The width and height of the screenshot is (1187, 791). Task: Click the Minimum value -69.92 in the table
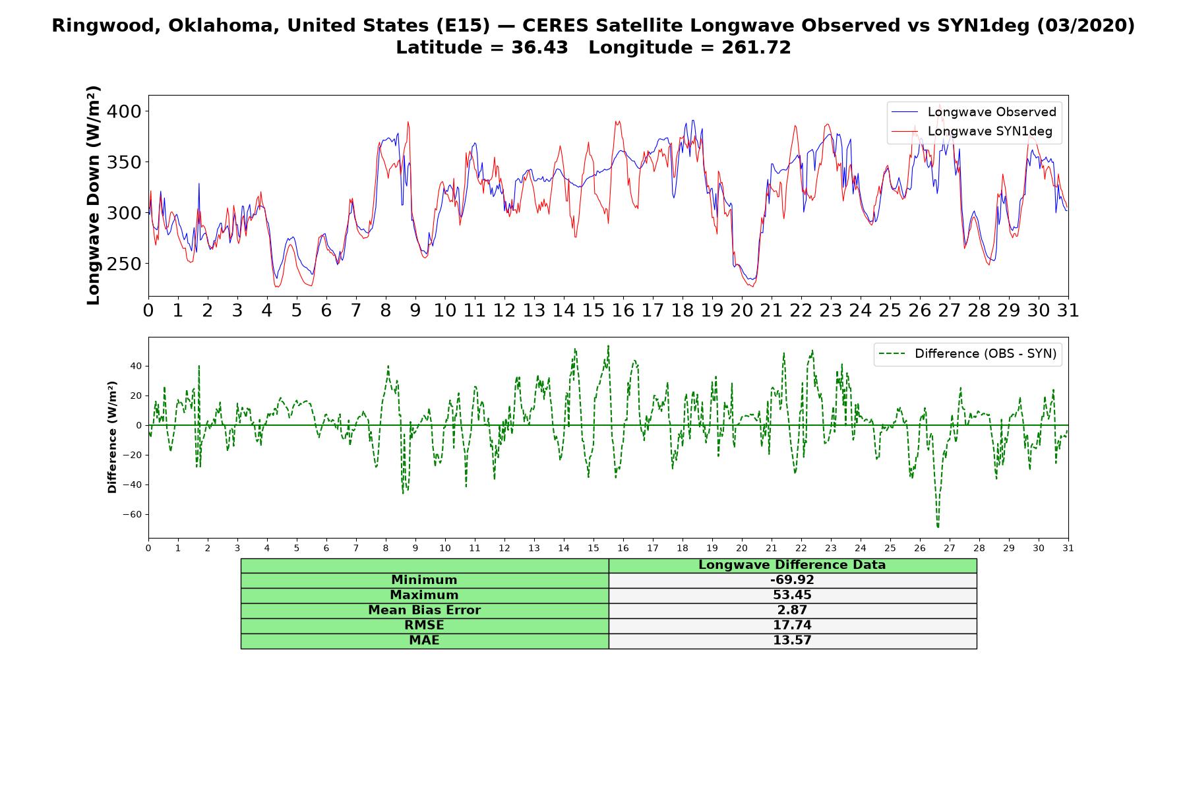tap(792, 580)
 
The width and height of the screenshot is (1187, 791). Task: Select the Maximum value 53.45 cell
tap(792, 595)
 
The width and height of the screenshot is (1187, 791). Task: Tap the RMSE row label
tap(424, 626)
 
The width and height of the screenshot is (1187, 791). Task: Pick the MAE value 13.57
tap(792, 641)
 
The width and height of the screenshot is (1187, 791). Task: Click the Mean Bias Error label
tap(424, 610)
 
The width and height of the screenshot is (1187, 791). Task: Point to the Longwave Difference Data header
tap(792, 565)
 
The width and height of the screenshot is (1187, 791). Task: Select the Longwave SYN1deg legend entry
tap(972, 131)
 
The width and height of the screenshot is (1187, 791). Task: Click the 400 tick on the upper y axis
tap(123, 111)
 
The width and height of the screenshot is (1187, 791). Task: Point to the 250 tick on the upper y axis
tap(123, 264)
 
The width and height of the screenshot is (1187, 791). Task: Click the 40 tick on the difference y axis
tap(136, 366)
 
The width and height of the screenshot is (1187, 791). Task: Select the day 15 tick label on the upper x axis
tap(593, 310)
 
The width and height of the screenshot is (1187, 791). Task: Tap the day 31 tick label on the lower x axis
tap(1068, 548)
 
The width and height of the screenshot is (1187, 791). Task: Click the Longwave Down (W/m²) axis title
tap(94, 195)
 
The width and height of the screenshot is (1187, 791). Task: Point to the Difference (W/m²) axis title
tap(112, 437)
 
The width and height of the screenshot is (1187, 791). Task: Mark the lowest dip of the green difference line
tap(938, 527)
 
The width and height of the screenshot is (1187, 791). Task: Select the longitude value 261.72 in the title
tap(756, 47)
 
